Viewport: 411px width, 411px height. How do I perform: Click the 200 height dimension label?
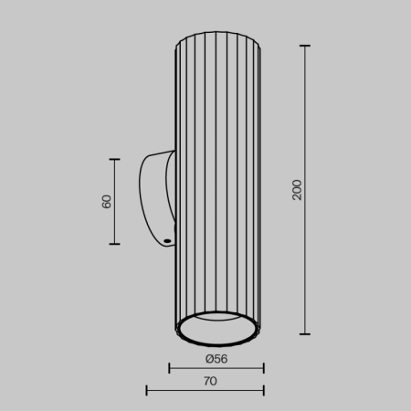[296, 189]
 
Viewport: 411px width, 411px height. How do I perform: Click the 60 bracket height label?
[106, 202]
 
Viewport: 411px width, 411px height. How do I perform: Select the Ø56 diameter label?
[216, 358]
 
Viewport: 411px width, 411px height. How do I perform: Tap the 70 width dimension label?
[210, 381]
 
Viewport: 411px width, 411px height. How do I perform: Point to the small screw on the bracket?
[168, 242]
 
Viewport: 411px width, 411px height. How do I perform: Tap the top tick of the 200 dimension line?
[305, 46]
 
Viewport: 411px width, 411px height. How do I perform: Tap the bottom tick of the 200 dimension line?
[305, 334]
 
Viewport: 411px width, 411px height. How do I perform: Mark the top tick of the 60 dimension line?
[115, 160]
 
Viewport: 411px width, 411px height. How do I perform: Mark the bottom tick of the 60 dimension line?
[115, 244]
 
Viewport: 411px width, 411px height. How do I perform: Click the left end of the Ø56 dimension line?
[171, 369]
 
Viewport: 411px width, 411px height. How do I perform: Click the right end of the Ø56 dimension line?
[263, 369]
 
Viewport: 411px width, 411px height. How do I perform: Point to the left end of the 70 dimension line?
[147, 391]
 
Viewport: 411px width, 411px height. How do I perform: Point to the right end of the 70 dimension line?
[263, 391]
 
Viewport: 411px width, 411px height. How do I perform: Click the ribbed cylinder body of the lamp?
[217, 183]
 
